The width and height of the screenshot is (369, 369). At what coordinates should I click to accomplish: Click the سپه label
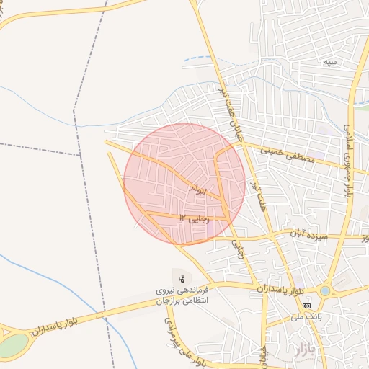click(331, 63)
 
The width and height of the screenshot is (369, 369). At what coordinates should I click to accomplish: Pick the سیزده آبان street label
click(309, 236)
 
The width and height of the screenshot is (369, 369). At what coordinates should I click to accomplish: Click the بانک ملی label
click(305, 316)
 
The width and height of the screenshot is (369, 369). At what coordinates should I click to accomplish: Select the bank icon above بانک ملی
click(306, 306)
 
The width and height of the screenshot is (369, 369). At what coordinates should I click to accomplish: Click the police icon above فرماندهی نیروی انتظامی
click(180, 278)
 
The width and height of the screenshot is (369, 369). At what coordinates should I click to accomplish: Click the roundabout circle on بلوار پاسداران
click(326, 291)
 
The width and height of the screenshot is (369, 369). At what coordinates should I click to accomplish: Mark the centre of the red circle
click(184, 184)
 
